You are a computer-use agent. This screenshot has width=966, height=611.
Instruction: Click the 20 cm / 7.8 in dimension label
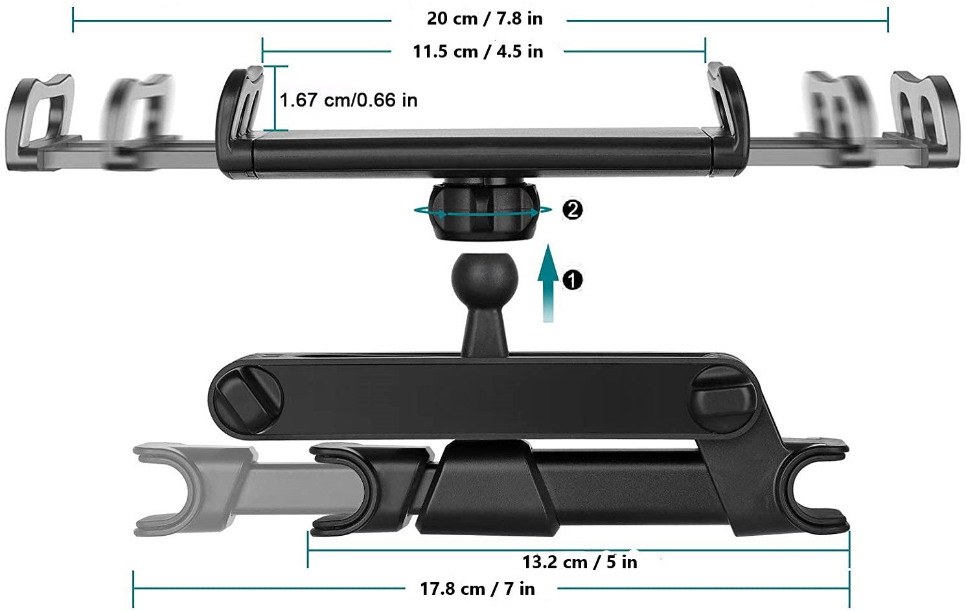coord(484,19)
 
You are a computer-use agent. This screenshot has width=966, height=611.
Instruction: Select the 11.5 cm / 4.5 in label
coord(478,52)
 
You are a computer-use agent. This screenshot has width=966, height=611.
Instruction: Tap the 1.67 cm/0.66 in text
coord(349,100)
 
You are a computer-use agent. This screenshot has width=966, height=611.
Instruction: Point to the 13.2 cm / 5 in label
coord(580,562)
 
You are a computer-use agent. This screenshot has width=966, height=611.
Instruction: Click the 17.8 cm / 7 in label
coord(477,589)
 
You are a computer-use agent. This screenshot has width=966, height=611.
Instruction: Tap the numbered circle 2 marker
coord(572,210)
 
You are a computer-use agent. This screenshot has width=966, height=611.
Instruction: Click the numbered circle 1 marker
coord(572,280)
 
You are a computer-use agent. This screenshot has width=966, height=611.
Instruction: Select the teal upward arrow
coord(548,283)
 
